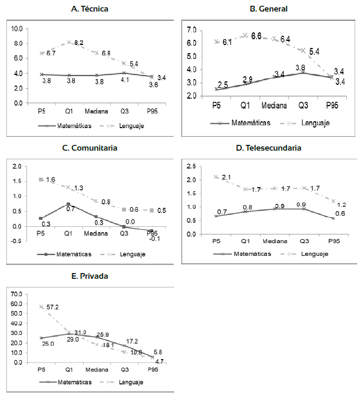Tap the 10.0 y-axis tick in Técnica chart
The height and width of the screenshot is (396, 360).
[x=17, y=29]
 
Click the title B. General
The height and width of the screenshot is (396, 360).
[x=268, y=9]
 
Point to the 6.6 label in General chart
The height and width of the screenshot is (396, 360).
[x=256, y=36]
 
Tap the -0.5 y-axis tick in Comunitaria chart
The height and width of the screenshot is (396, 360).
[x=17, y=241]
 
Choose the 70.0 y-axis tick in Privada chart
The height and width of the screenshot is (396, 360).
[x=17, y=294]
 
